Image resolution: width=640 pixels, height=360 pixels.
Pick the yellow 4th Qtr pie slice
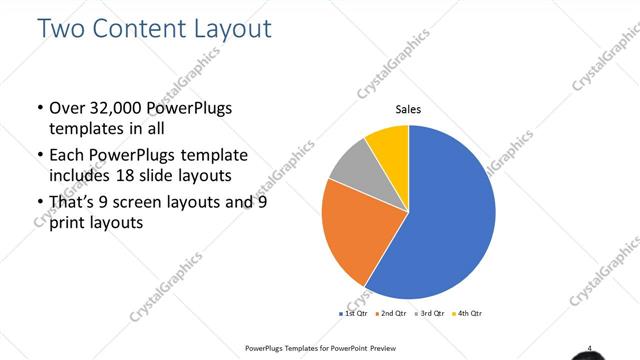pos(388,145)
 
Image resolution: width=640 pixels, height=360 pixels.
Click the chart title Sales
pos(408,110)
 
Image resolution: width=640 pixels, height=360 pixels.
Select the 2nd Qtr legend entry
pos(392,314)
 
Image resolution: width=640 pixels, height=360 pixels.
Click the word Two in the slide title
pos(62,28)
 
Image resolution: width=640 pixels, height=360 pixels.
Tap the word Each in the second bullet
pos(68,155)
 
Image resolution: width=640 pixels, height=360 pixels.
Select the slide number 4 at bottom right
pos(590,348)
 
